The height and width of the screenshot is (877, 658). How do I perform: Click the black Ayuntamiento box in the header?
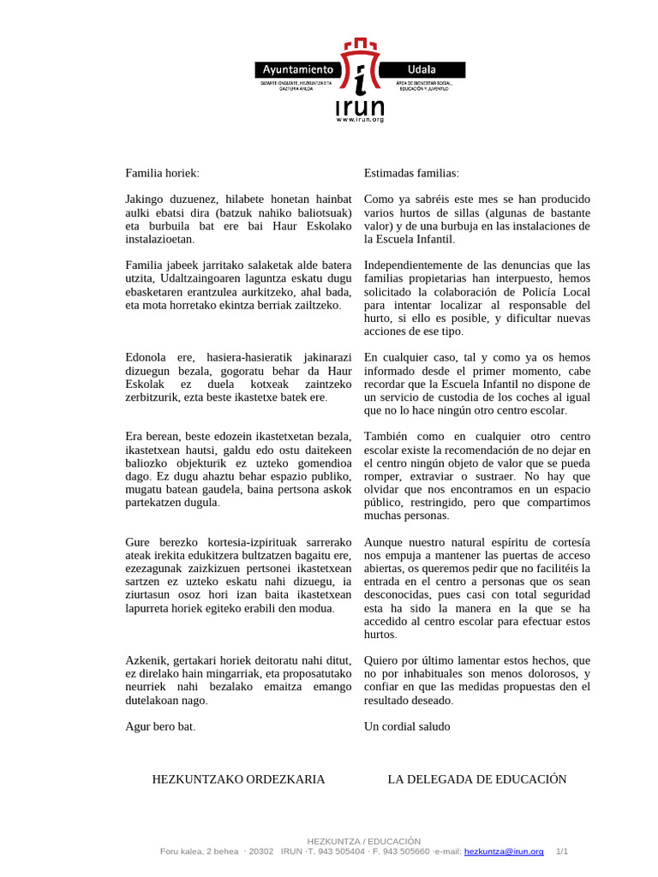(298, 70)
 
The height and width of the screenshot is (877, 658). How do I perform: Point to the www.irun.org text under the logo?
(361, 119)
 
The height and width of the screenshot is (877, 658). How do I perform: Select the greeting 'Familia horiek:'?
(162, 173)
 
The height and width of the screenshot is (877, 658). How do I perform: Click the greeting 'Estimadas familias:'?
(411, 173)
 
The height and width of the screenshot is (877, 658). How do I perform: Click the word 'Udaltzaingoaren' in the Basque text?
(212, 278)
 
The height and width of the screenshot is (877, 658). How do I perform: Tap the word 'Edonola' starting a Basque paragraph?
(147, 357)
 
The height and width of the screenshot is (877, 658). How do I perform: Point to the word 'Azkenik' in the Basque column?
(147, 661)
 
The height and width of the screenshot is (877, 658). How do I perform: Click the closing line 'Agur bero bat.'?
(160, 727)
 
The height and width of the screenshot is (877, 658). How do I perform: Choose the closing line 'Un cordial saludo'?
(407, 727)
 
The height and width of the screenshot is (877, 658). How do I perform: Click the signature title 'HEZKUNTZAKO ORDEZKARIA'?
(238, 779)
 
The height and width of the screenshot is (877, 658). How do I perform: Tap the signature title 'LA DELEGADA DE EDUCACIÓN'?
(477, 779)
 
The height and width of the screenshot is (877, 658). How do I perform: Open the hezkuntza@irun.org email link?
(504, 851)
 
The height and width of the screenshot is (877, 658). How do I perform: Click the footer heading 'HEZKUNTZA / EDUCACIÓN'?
(364, 841)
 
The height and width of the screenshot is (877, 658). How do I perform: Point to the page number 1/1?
(563, 851)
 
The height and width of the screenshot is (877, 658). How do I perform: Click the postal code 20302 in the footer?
(263, 851)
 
